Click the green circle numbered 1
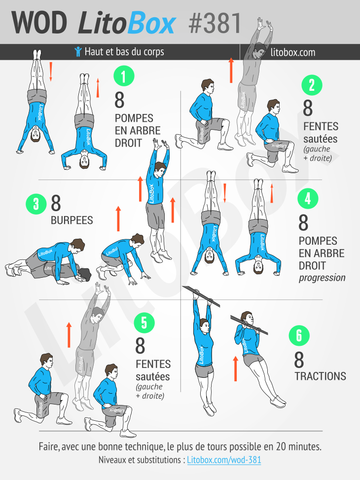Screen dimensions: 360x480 pos(124,76)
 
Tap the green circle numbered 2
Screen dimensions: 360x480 pos(312,85)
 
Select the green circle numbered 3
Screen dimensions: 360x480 pos(36,204)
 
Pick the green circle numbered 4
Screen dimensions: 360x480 pos(308,198)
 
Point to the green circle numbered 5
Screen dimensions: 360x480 pos(144,323)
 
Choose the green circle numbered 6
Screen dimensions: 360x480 pos(299,335)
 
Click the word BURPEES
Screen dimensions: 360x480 pos(72,221)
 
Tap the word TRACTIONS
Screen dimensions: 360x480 pos(321,376)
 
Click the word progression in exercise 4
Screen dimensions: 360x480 pos(322,278)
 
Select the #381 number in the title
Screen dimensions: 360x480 pos(215,23)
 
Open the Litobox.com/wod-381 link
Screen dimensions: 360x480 pos(224,460)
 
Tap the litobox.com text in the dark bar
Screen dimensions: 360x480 pos(293,52)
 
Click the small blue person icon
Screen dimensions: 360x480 pos(78,52)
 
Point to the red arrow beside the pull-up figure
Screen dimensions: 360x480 pos(235,369)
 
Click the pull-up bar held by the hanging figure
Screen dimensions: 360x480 pos(201,296)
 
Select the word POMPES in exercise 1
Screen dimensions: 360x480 pos(134,118)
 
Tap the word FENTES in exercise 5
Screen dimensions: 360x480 pos(153,364)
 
